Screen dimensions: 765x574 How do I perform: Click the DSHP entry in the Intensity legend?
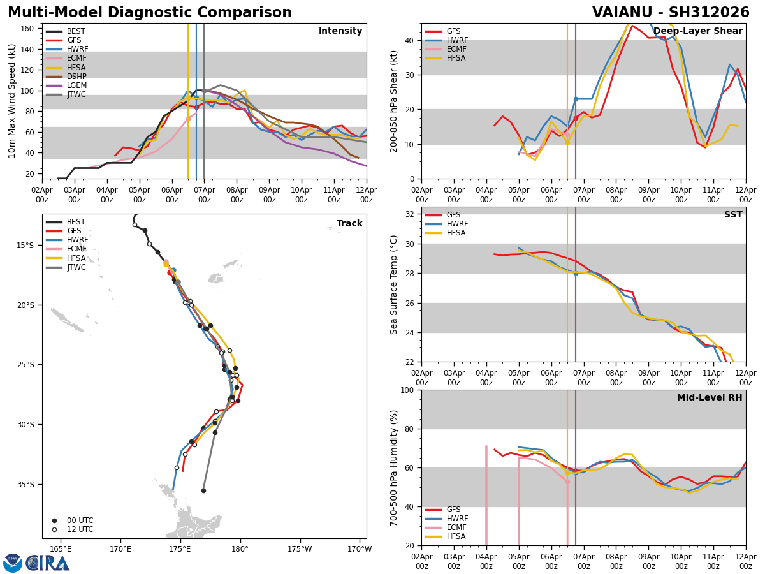click(66, 77)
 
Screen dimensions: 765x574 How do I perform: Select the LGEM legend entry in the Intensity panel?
click(66, 85)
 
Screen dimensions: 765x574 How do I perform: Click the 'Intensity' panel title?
click(340, 31)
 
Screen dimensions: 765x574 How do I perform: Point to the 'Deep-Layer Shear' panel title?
click(697, 31)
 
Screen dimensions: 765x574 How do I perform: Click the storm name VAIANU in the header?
click(622, 13)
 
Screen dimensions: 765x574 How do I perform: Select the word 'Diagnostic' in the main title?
click(152, 13)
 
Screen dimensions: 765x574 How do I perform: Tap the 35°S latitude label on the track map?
click(25, 485)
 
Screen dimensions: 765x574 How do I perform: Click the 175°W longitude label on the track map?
click(300, 549)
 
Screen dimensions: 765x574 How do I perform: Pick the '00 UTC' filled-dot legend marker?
click(54, 520)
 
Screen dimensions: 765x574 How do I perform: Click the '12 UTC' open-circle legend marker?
click(54, 530)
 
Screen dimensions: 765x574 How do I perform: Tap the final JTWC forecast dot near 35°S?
click(203, 490)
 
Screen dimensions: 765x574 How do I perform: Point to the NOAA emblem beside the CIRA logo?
click(13, 563)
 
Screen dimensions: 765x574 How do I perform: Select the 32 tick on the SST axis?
click(409, 214)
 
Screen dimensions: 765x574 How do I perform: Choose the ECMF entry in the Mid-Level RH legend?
click(446, 527)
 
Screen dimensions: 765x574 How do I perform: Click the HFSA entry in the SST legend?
click(446, 233)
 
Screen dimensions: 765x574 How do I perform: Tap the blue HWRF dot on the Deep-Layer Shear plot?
click(576, 99)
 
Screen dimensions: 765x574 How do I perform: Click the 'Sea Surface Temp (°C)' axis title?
click(393, 285)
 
